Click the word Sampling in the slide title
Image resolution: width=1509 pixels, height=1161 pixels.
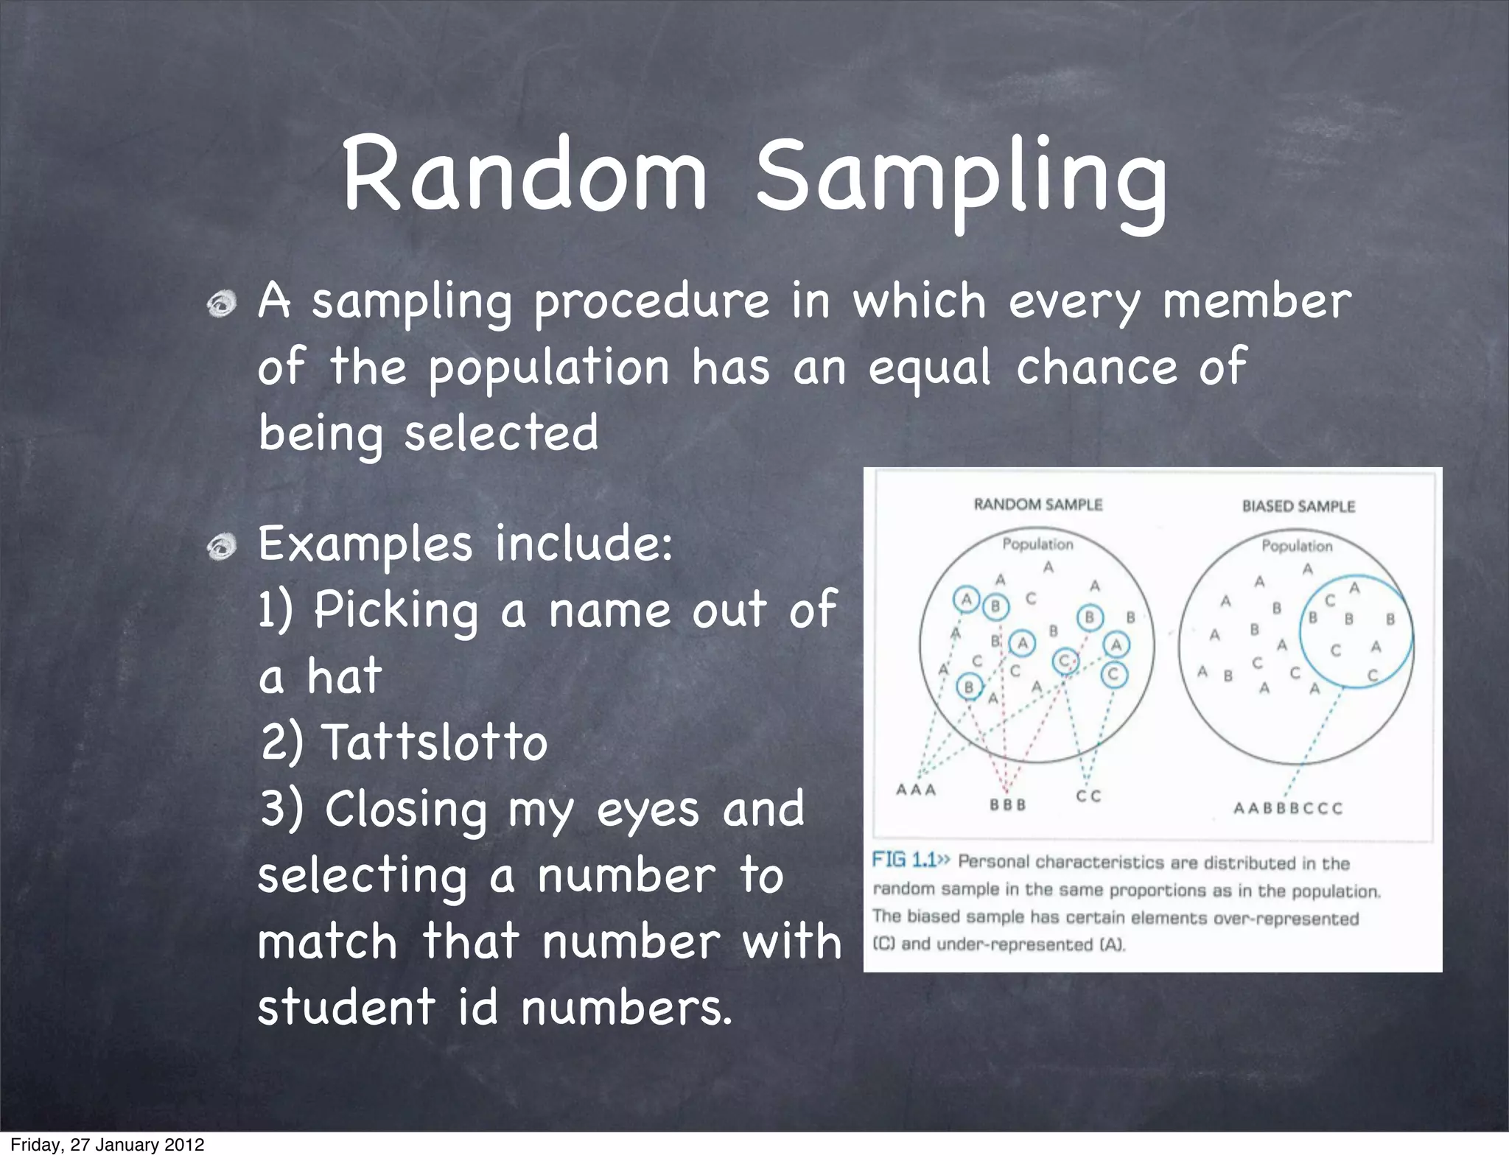click(x=962, y=180)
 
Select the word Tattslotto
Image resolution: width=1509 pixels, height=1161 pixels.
click(x=435, y=742)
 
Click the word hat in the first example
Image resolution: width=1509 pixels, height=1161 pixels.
click(x=344, y=676)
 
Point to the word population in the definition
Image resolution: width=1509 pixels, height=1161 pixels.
click(x=549, y=368)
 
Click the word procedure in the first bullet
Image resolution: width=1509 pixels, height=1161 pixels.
click(x=652, y=302)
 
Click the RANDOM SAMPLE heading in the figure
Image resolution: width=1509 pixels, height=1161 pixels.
click(x=1037, y=505)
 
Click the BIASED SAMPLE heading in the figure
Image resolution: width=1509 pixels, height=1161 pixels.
click(x=1298, y=506)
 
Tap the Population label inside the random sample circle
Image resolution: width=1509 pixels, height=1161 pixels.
click(x=1037, y=544)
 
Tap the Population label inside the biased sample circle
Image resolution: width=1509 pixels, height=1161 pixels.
click(x=1297, y=546)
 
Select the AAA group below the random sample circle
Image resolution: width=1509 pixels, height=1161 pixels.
click(x=916, y=790)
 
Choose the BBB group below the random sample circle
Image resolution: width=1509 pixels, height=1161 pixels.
click(x=1007, y=805)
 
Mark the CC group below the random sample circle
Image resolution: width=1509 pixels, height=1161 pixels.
click(x=1088, y=796)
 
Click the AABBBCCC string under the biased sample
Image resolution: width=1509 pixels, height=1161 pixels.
click(x=1288, y=809)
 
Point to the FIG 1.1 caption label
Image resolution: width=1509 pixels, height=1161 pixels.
click(x=909, y=860)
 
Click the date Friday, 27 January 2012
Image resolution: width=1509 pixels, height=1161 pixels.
click(x=108, y=1145)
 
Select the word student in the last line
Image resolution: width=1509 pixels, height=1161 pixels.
click(x=346, y=1008)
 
